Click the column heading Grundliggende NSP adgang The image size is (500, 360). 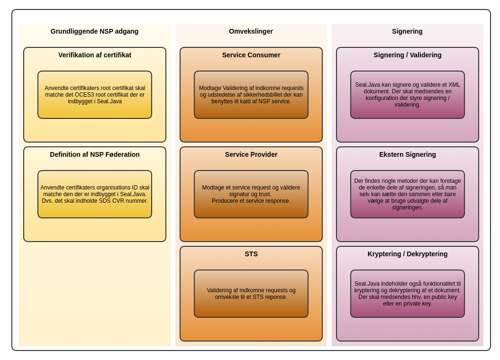coord(94,31)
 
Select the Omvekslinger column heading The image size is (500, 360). coord(251,31)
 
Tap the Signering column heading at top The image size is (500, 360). coord(407,31)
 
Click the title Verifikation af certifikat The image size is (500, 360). coord(95,55)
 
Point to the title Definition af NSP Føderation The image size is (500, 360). coord(95,154)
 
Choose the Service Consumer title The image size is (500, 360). coord(251,55)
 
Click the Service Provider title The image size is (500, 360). coord(251,154)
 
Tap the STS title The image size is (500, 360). coord(251,254)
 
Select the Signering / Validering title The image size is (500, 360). coord(408,55)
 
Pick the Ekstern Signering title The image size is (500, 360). coord(408,154)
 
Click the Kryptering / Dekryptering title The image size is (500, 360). coord(408,254)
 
